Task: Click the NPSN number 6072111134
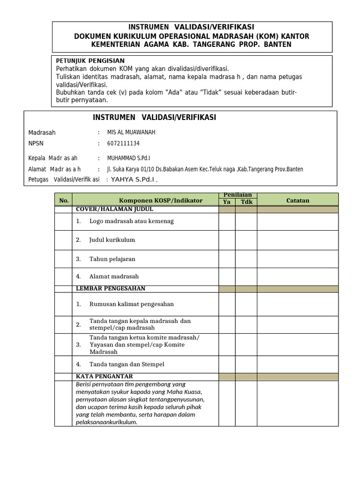(124, 143)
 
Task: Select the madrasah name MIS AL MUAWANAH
(131, 132)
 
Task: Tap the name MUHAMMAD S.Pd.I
(129, 158)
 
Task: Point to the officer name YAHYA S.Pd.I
(133, 179)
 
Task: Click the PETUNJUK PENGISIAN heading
(90, 60)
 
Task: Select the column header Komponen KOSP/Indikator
(161, 201)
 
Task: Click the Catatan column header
(298, 201)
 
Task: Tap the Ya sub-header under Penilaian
(227, 202)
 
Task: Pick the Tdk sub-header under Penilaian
(246, 202)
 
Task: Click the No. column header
(64, 201)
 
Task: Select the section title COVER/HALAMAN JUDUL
(114, 209)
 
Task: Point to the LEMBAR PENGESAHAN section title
(111, 288)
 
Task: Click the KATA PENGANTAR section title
(105, 376)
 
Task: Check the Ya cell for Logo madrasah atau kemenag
(227, 221)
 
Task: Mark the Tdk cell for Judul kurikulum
(246, 240)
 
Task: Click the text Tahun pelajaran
(112, 259)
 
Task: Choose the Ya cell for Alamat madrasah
(227, 277)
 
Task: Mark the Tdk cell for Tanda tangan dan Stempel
(246, 364)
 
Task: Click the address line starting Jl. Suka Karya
(205, 169)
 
